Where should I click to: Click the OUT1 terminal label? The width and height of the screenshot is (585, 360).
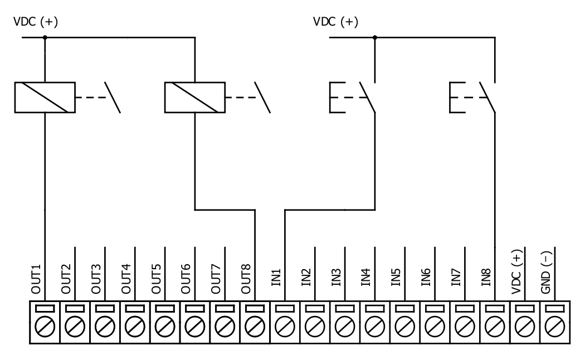pyautogui.click(x=36, y=279)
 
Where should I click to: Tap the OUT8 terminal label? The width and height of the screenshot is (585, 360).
pyautogui.click(x=246, y=279)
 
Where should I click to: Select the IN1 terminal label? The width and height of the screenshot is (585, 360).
pyautogui.click(x=276, y=278)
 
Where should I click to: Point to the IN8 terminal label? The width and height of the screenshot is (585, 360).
pyautogui.click(x=486, y=278)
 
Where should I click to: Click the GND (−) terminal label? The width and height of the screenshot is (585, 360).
pyautogui.click(x=546, y=273)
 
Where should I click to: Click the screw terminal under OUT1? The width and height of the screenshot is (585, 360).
pyautogui.click(x=45, y=322)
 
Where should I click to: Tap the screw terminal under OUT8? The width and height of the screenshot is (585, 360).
pyautogui.click(x=255, y=322)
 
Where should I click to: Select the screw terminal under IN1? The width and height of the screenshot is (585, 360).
pyautogui.click(x=285, y=322)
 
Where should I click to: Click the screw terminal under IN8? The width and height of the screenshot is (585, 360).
pyautogui.click(x=495, y=322)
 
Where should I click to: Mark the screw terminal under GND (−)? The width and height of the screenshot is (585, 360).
pyautogui.click(x=555, y=322)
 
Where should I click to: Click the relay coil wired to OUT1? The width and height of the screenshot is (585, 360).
pyautogui.click(x=45, y=98)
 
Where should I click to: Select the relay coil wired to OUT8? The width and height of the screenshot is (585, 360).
pyautogui.click(x=195, y=98)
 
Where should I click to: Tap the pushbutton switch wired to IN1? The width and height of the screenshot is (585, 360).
pyautogui.click(x=353, y=97)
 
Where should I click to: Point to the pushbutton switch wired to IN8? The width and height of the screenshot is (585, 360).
pyautogui.click(x=472, y=97)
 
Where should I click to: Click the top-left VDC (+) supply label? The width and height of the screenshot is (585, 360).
pyautogui.click(x=36, y=22)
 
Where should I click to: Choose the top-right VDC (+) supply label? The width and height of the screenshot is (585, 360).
pyautogui.click(x=336, y=22)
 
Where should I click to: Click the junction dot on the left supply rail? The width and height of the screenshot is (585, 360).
pyautogui.click(x=45, y=37)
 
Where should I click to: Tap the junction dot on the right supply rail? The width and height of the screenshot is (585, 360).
pyautogui.click(x=375, y=37)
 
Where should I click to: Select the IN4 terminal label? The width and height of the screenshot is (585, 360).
pyautogui.click(x=366, y=278)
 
